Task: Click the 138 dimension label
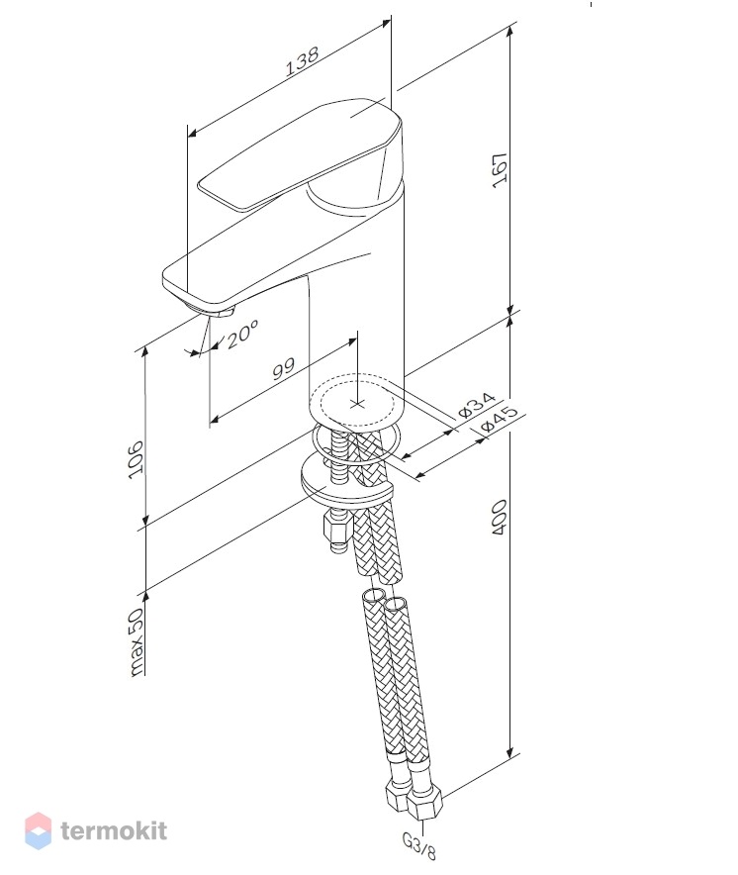point(303,60)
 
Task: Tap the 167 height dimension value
point(500,170)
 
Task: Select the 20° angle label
point(241,334)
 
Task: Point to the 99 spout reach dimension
point(283,369)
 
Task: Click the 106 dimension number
point(136,458)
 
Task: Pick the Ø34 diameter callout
point(477,405)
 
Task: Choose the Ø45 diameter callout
point(500,419)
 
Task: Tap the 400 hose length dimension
point(500,518)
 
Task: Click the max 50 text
point(136,641)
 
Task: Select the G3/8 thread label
point(418,845)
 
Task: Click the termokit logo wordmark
point(114,830)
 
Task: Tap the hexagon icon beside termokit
point(38,830)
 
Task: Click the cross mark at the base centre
point(356,403)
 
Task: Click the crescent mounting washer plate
point(347,480)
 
